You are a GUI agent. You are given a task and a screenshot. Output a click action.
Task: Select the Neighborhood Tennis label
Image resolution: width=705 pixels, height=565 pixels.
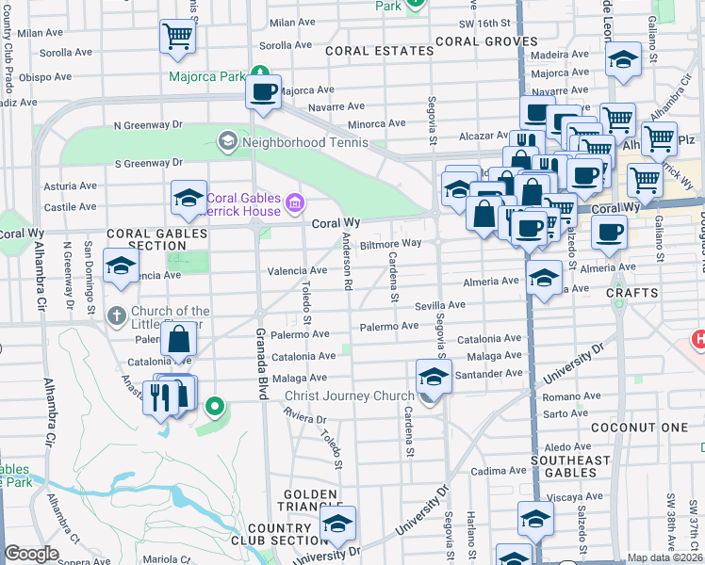(x=291, y=143)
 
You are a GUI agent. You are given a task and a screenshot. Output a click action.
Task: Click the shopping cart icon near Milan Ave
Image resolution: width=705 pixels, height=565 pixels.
(x=177, y=37)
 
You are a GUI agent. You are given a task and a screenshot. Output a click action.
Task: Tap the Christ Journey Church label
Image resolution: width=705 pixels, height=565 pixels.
(x=349, y=396)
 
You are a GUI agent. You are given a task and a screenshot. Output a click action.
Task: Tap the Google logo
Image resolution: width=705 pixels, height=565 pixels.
(x=31, y=554)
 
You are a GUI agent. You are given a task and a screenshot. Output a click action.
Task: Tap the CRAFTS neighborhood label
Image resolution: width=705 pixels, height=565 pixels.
(x=631, y=293)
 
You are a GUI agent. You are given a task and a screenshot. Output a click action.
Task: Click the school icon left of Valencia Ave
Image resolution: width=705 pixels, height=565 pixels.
(x=122, y=266)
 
